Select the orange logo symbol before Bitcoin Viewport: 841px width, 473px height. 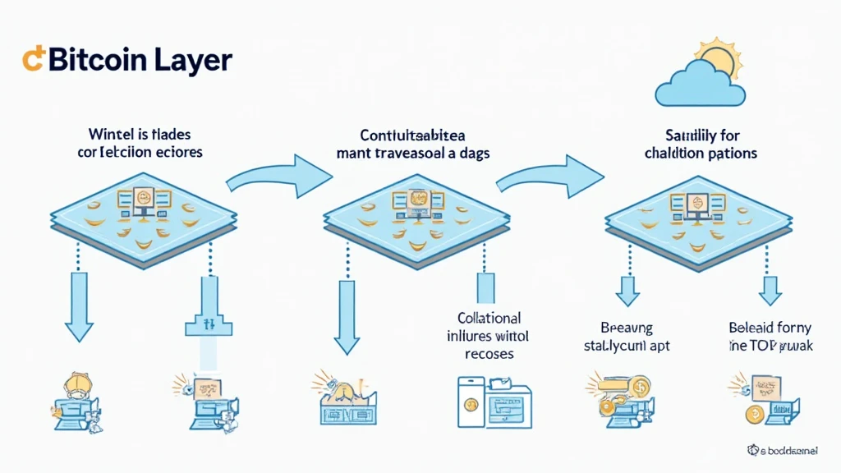pos(34,59)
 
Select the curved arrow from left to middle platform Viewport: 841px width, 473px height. pos(279,172)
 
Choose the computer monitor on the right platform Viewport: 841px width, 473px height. pos(697,203)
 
